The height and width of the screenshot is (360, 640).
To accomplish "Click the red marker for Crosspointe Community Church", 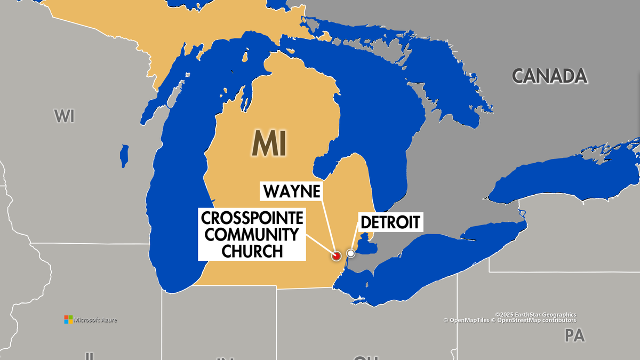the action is coord(336,256).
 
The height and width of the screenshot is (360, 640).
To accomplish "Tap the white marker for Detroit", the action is coord(350,253).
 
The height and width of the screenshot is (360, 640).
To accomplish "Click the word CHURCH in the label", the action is coord(252,251).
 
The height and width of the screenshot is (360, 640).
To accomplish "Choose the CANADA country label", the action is coord(549,76).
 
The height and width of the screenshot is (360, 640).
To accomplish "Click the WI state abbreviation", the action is coord(64,116).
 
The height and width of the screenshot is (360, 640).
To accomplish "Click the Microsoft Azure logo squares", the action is coord(68,319).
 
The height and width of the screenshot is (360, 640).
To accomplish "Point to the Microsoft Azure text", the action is coord(95,320).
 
